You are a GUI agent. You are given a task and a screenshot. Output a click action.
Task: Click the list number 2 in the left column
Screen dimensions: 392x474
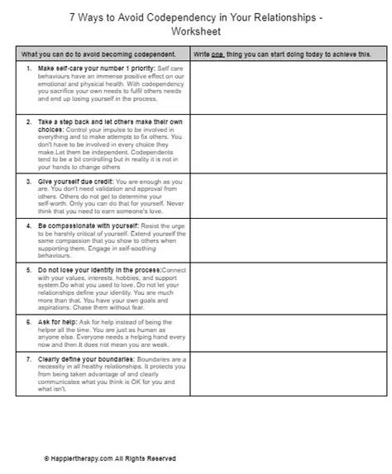(x=30, y=121)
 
